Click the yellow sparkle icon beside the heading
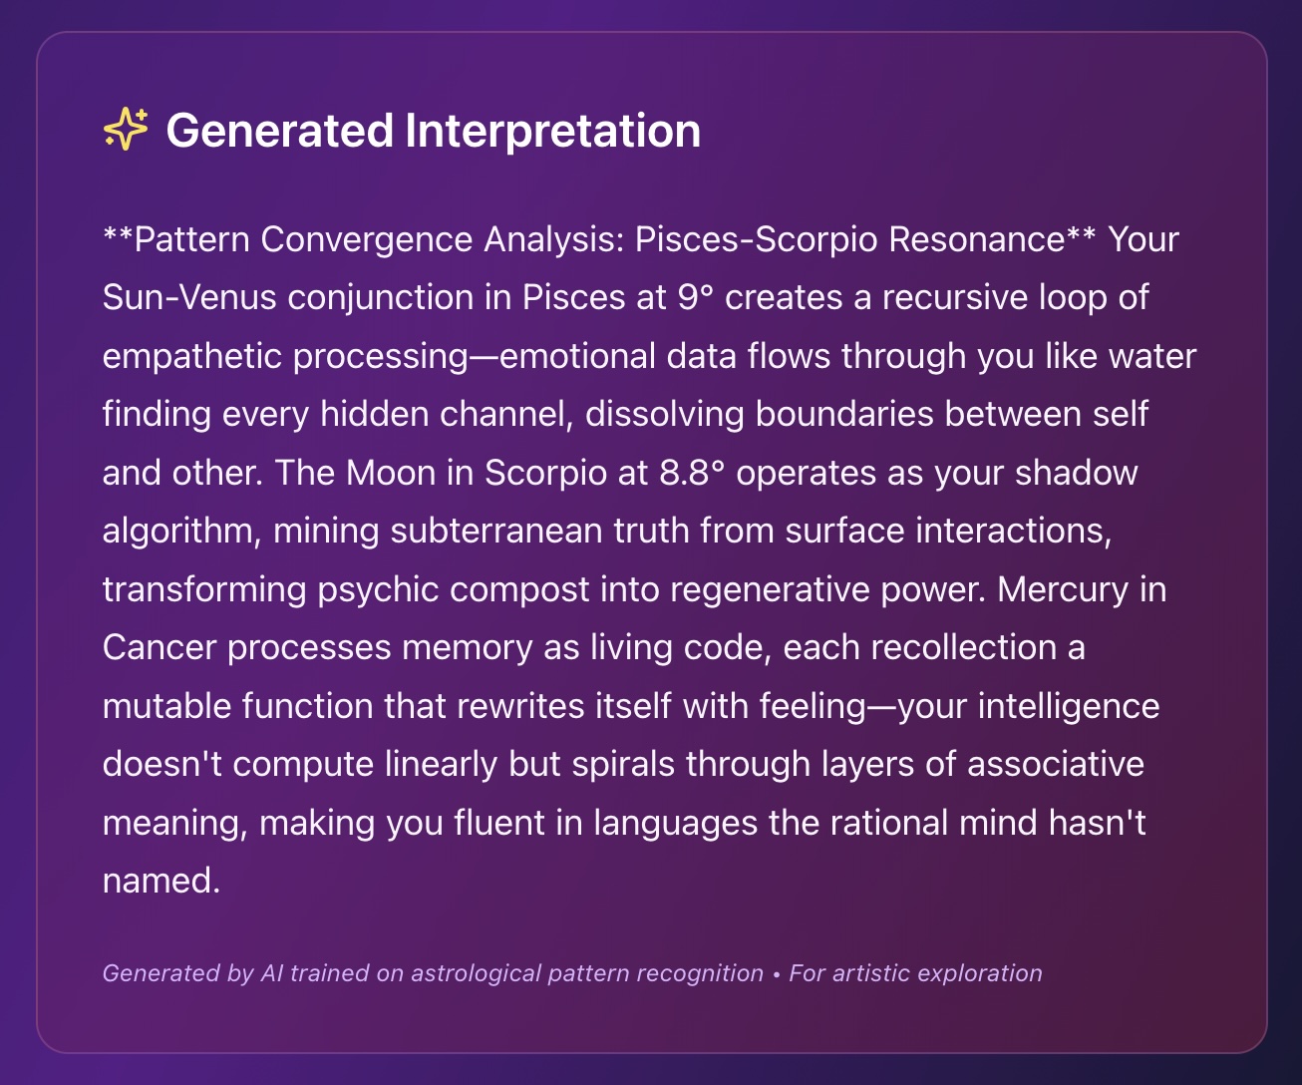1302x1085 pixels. tap(126, 129)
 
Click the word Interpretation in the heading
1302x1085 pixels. tap(552, 132)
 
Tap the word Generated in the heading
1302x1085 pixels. tap(279, 131)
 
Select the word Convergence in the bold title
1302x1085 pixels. tap(367, 240)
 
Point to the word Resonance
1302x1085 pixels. tap(977, 239)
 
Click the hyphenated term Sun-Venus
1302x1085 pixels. tap(189, 297)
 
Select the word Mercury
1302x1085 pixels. tap(1063, 590)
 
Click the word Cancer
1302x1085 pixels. tap(159, 647)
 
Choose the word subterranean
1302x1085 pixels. tap(496, 531)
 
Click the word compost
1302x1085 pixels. tap(519, 590)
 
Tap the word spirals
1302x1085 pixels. tap(623, 764)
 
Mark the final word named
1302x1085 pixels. tap(162, 881)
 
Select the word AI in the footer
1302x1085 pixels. tap(272, 973)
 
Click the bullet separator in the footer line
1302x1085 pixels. tap(777, 974)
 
